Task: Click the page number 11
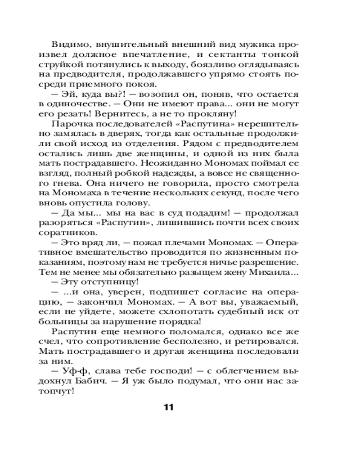tap(169, 407)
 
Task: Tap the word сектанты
tap(249, 55)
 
